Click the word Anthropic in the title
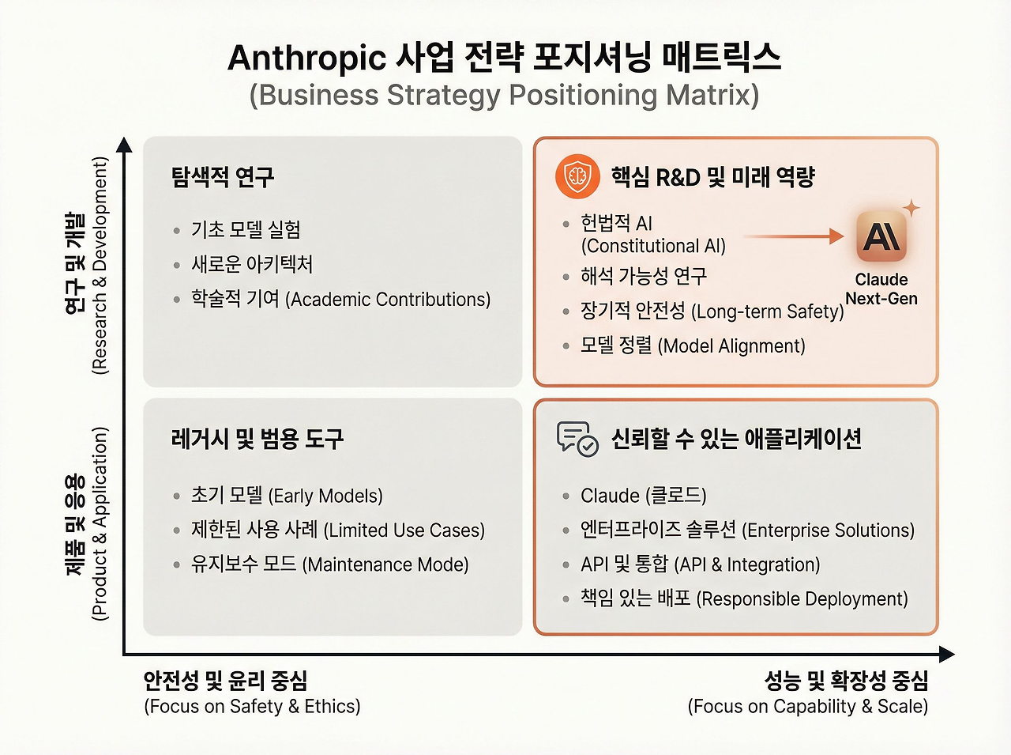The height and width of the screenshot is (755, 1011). (x=306, y=59)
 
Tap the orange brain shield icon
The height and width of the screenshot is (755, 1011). (x=577, y=176)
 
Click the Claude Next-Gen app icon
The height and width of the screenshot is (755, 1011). (x=881, y=236)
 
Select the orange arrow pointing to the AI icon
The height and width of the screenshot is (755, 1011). (x=793, y=236)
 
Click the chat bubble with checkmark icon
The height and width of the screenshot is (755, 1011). (x=577, y=439)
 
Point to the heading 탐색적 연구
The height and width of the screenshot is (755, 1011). (x=223, y=176)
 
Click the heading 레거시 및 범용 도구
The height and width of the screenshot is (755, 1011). (x=257, y=438)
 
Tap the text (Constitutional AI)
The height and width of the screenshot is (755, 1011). (x=653, y=246)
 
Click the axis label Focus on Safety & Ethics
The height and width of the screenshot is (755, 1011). (x=252, y=706)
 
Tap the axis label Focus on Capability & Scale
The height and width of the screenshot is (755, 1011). (x=808, y=706)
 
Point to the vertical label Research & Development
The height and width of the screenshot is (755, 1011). (x=100, y=266)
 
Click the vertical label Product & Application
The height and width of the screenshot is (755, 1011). (x=100, y=523)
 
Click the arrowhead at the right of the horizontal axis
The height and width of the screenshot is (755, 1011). (x=946, y=654)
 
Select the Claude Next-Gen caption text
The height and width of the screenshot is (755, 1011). (x=881, y=289)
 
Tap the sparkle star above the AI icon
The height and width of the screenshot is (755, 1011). (x=911, y=208)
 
